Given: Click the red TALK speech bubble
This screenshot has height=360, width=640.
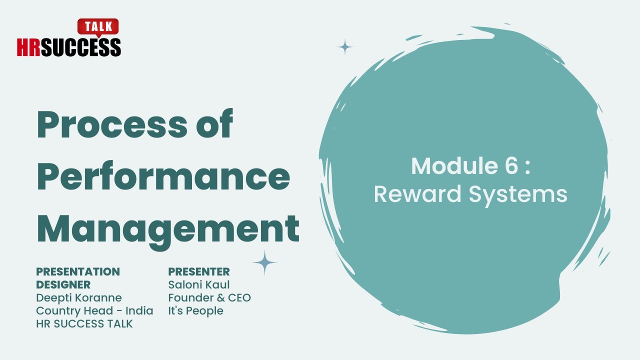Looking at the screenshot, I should [x=98, y=26].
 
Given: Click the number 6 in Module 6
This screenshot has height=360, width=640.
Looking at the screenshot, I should [x=511, y=166].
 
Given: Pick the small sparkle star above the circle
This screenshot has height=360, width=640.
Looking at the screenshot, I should [x=344, y=47].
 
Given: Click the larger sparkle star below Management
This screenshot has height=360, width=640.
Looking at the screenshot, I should [x=264, y=262].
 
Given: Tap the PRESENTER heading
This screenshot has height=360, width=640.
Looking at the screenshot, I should [x=199, y=271].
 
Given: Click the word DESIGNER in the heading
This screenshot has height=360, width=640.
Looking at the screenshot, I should [x=63, y=284].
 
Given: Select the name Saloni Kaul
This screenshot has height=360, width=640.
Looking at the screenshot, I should [x=199, y=284].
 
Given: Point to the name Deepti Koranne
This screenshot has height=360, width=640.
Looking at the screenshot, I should [x=79, y=297].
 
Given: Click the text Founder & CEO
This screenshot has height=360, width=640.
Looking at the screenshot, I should [x=209, y=297].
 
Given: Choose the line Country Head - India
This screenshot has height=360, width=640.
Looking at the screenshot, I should [x=94, y=310].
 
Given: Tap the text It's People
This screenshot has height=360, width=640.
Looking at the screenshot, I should [x=195, y=310].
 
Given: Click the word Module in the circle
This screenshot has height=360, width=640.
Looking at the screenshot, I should [x=448, y=166].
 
